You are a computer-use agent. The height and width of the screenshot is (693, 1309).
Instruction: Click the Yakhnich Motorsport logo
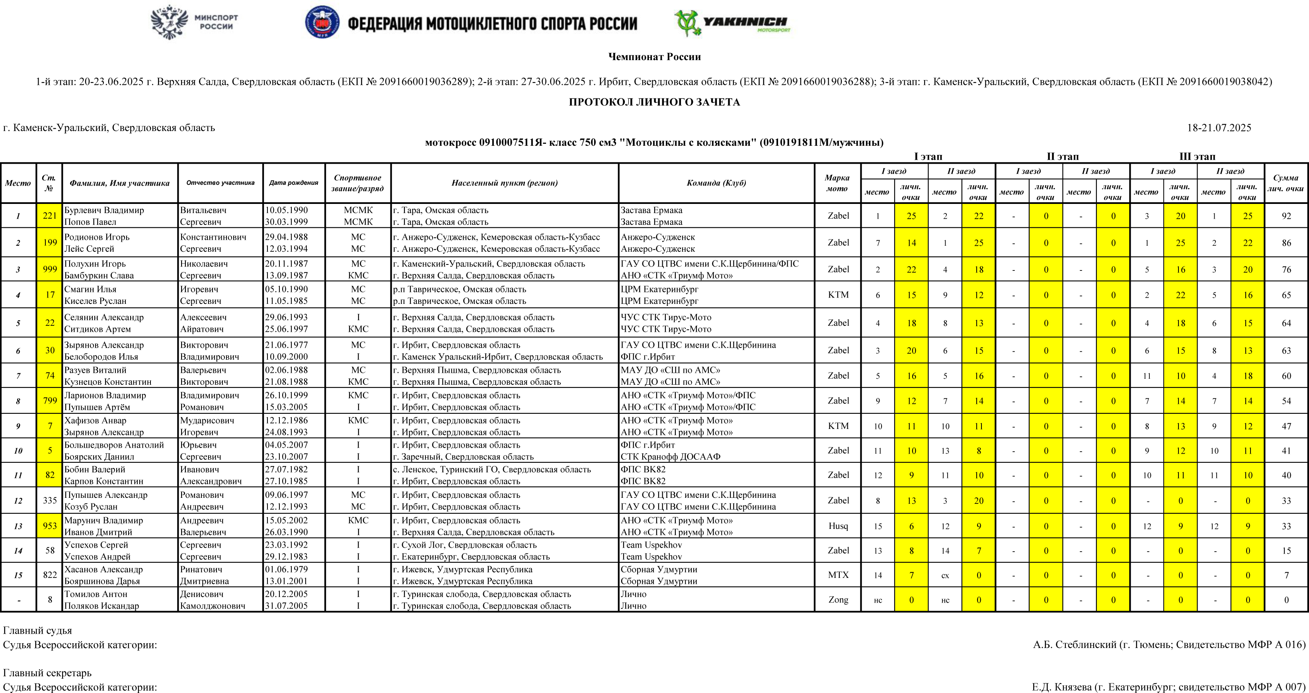pos(732,23)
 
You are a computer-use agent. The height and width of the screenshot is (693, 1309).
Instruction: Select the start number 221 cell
pos(49,215)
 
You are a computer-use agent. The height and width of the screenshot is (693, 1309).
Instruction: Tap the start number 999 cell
pos(49,269)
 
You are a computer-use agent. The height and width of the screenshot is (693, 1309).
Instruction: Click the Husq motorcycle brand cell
pos(838,526)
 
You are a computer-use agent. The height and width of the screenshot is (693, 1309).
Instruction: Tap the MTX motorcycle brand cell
pos(838,575)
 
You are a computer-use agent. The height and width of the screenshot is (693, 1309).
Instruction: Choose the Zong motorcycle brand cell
pos(838,599)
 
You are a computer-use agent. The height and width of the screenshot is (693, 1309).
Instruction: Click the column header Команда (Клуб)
pos(716,182)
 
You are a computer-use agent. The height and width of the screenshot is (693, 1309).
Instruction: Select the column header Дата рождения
pos(294,182)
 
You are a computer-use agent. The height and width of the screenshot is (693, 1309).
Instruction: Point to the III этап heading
pos(1197,157)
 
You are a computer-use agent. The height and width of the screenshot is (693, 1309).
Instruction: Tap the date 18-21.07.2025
pos(1219,127)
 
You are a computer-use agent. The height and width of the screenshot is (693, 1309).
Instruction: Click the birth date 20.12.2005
pos(286,594)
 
